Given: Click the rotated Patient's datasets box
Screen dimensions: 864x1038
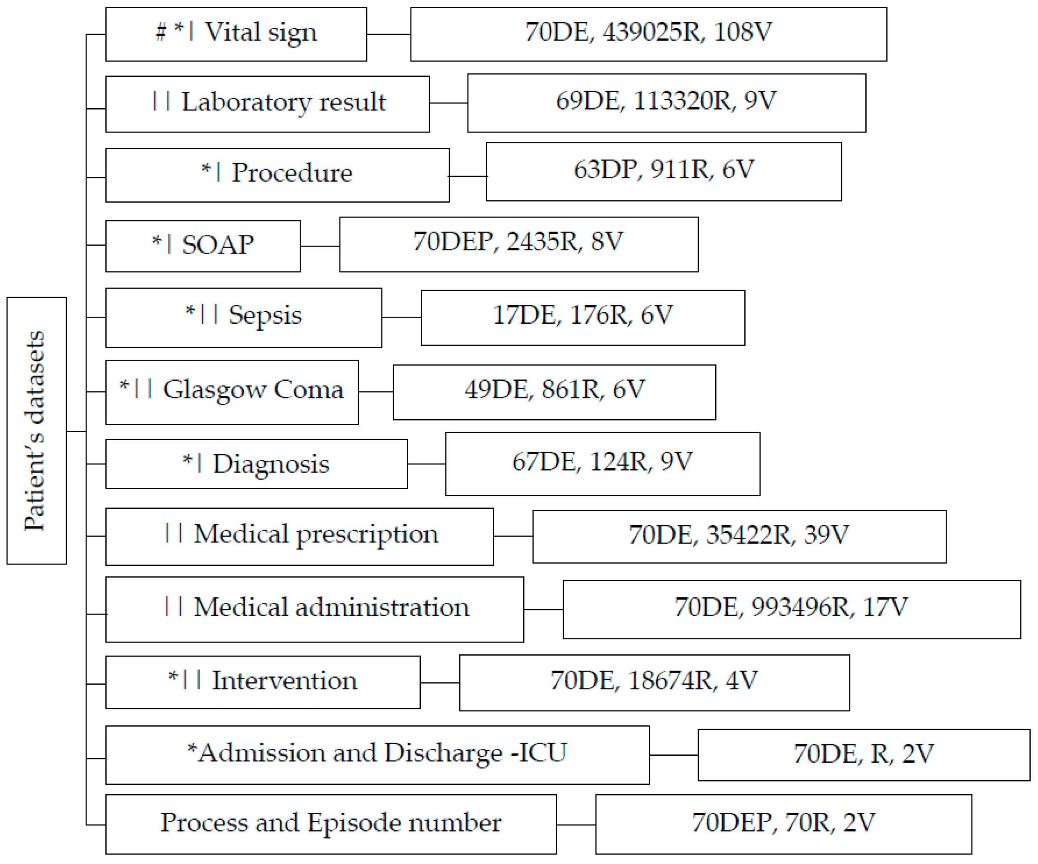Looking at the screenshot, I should [x=36, y=430].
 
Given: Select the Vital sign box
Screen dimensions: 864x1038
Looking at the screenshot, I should [x=236, y=34].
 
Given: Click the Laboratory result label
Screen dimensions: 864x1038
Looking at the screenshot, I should [x=283, y=103].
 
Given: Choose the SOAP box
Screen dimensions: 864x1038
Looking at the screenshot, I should [x=203, y=246].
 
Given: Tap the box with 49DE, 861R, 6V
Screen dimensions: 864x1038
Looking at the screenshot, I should [x=554, y=392].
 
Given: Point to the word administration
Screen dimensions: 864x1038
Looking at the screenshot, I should [x=382, y=607].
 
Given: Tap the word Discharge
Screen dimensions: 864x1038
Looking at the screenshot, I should [x=443, y=754].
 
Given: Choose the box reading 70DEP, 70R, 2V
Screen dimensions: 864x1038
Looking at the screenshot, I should [x=783, y=823].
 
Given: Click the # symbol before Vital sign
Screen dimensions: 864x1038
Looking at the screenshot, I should [x=161, y=33].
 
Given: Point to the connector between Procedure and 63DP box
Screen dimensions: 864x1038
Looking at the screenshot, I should [x=468, y=176].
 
